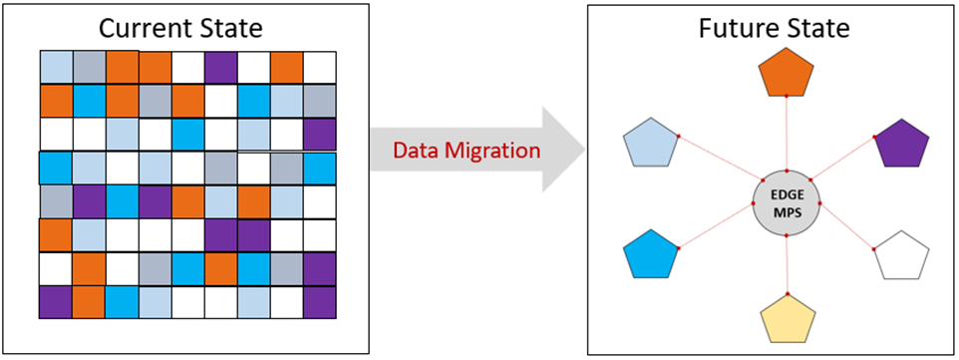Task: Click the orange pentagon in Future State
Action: point(787,72)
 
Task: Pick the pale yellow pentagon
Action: point(787,317)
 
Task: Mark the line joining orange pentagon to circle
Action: point(787,134)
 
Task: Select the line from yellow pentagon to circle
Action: point(787,264)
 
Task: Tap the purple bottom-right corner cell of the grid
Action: point(319,301)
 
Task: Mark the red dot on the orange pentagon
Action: point(787,97)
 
